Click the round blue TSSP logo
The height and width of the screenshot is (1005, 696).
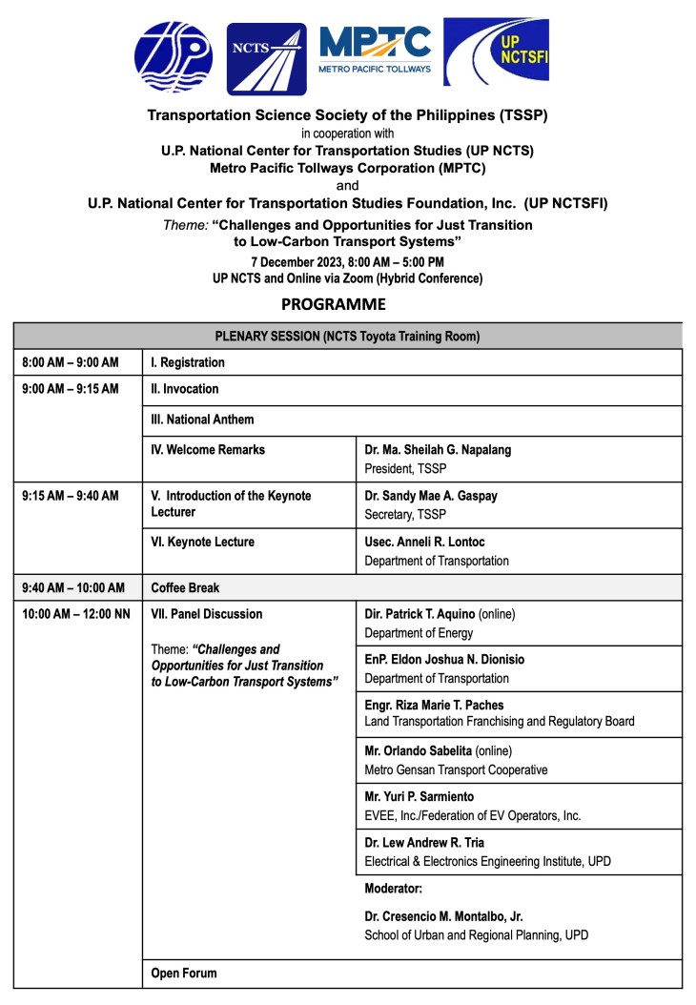pyautogui.click(x=174, y=57)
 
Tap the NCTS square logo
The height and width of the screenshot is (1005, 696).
pyautogui.click(x=266, y=59)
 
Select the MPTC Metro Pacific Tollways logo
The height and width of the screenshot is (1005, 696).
pyautogui.click(x=375, y=50)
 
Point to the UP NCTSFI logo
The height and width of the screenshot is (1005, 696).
pyautogui.click(x=495, y=52)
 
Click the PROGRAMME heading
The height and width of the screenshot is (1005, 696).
pyautogui.click(x=333, y=305)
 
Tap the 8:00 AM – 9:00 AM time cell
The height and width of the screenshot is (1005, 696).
pyautogui.click(x=72, y=362)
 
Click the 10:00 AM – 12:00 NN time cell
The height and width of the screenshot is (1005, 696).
pyautogui.click(x=76, y=614)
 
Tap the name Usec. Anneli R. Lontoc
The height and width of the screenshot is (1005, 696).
pyautogui.click(x=423, y=542)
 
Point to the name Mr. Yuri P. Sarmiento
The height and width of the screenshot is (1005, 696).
pyautogui.click(x=419, y=796)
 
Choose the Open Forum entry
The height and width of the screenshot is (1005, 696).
pyautogui.click(x=184, y=974)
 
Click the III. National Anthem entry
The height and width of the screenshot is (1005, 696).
pyautogui.click(x=202, y=420)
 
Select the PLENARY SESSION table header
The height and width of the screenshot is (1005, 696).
pyautogui.click(x=347, y=336)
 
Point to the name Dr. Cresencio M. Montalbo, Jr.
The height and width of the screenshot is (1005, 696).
pyautogui.click(x=445, y=916)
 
